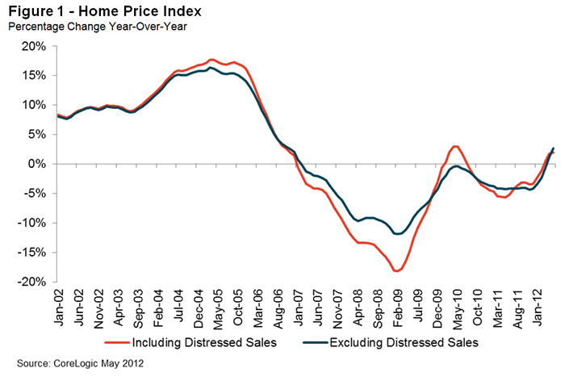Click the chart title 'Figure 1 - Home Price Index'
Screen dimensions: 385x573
(104, 11)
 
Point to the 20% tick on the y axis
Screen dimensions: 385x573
(34, 46)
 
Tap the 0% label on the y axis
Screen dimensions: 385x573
(37, 164)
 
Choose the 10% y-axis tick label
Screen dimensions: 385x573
(34, 105)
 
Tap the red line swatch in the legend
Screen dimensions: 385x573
(111, 343)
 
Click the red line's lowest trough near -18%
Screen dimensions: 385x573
(396, 271)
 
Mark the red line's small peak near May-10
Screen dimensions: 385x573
(456, 146)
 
